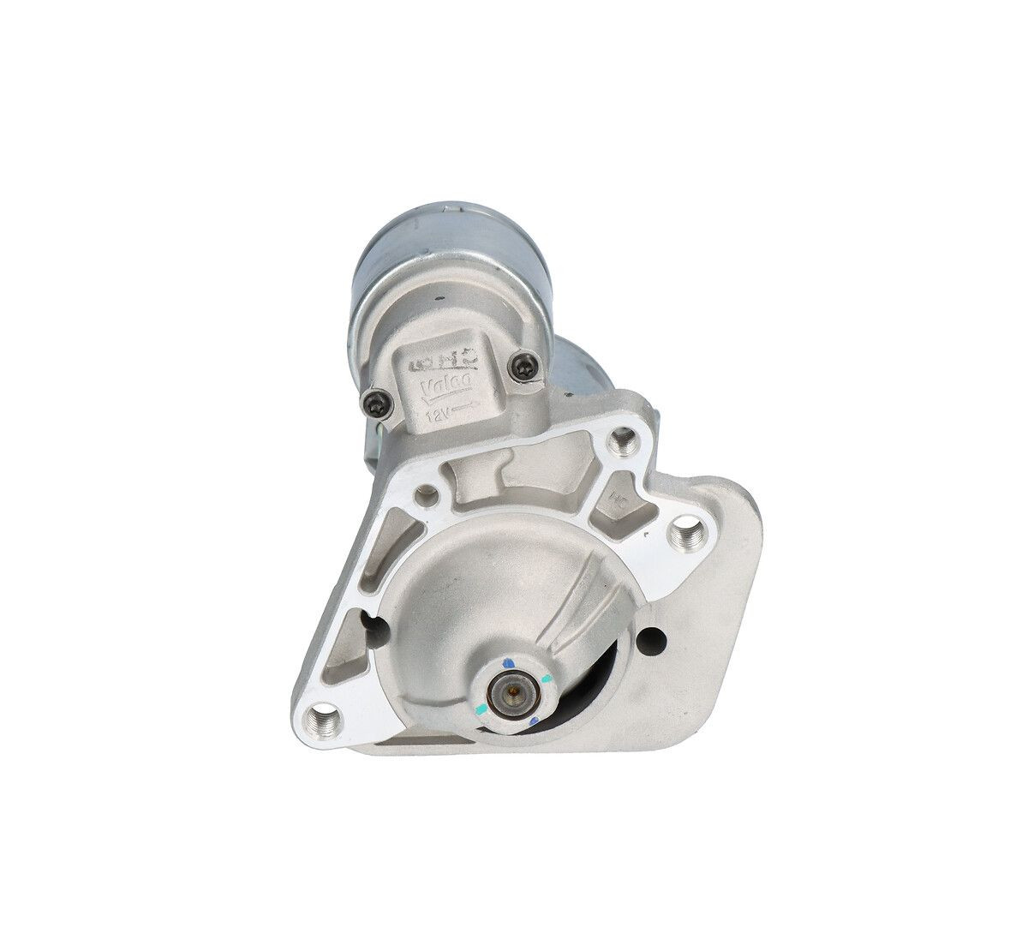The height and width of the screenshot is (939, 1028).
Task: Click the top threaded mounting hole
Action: (x=631, y=444)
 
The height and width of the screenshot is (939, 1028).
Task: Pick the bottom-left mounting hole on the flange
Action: (x=324, y=714)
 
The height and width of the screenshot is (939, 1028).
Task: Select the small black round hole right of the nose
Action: (x=653, y=637)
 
